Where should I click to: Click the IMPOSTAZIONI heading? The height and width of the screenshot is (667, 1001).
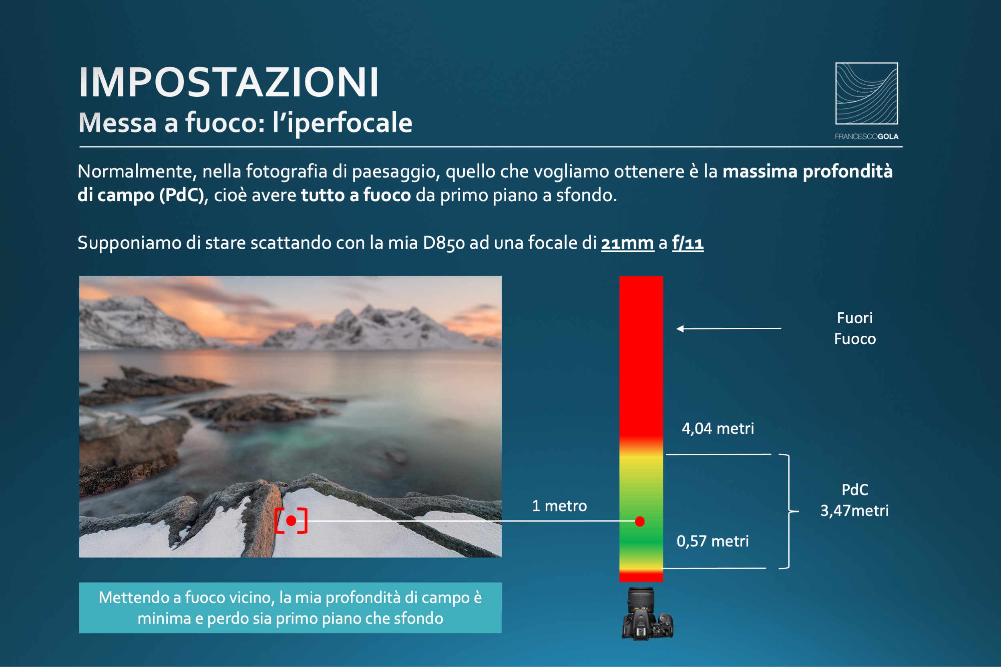(229, 82)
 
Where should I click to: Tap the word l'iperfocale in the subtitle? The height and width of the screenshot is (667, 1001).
(343, 123)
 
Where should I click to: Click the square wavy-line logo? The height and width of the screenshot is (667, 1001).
(866, 94)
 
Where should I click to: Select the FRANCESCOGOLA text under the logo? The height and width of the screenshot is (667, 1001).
(866, 136)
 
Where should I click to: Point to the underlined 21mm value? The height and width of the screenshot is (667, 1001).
(627, 243)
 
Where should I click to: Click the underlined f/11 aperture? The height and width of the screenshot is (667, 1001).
(688, 243)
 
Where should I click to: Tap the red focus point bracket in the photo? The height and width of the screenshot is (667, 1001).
(291, 521)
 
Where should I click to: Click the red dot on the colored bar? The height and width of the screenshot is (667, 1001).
(640, 521)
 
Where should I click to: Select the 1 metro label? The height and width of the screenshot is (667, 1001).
(559, 506)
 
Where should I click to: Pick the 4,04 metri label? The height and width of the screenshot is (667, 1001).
(718, 429)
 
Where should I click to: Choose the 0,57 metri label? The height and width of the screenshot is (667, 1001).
(713, 541)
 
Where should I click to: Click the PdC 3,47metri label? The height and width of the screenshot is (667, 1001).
(854, 500)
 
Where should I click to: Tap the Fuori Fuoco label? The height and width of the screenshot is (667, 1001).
(855, 328)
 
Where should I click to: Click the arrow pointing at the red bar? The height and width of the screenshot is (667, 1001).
(729, 328)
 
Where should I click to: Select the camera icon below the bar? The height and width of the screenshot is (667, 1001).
(647, 614)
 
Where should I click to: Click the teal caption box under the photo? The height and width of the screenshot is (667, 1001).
(290, 608)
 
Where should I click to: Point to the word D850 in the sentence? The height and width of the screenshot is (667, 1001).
(444, 243)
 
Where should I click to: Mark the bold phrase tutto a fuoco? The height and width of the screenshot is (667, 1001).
(356, 195)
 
